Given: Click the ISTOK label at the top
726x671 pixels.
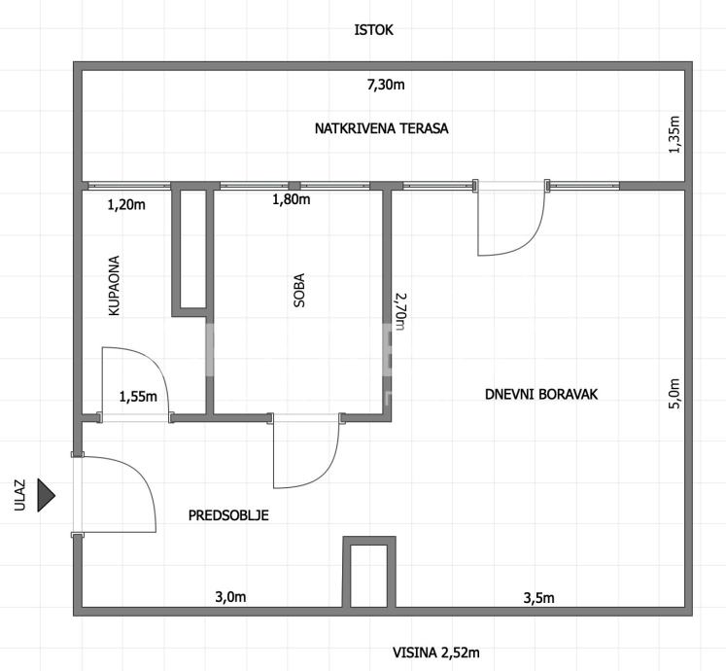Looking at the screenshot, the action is click(x=374, y=30).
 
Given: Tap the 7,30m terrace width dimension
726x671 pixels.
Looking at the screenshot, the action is click(x=386, y=85).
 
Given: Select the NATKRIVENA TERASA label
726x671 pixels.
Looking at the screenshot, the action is click(x=381, y=128).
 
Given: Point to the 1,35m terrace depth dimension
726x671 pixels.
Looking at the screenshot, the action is click(x=674, y=135).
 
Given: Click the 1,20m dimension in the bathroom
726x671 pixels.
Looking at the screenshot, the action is click(x=125, y=204).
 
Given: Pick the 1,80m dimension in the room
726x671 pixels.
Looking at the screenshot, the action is click(x=291, y=200).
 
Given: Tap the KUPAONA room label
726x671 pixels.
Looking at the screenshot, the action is click(x=114, y=286).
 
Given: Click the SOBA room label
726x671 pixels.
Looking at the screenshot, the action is click(x=299, y=291).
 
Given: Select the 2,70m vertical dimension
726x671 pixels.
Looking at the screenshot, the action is click(x=398, y=310).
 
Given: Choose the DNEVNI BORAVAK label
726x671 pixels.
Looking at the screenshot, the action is click(x=541, y=394).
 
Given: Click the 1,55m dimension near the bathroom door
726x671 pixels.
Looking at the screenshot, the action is click(x=137, y=396).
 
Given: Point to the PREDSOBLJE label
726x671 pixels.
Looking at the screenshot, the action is click(x=228, y=515).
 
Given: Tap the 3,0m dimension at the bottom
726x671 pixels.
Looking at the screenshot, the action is click(x=230, y=596).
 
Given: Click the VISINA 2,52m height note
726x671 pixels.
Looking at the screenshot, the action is click(x=436, y=652).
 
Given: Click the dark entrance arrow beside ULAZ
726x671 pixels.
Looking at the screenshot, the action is click(x=46, y=495).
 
